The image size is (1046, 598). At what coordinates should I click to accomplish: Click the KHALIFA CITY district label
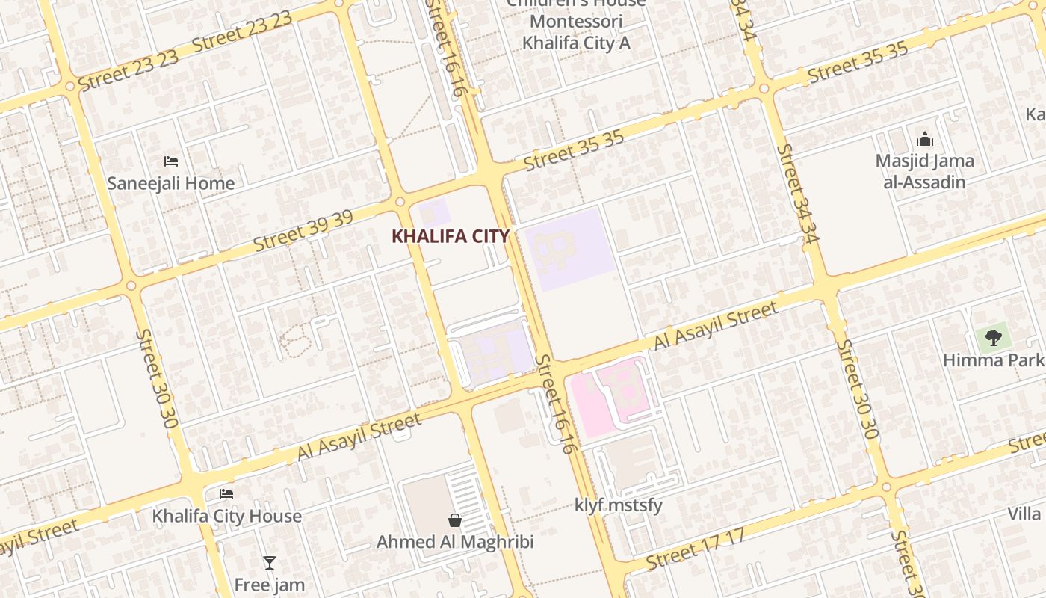click(x=451, y=236)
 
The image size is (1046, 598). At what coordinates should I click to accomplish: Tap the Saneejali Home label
click(x=171, y=183)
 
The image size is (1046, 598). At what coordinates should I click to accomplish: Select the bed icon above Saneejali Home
click(x=171, y=161)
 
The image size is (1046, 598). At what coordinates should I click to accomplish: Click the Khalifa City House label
click(x=227, y=516)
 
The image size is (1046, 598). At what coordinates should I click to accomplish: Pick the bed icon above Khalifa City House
click(x=226, y=494)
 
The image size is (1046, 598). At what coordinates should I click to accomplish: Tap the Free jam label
click(x=270, y=585)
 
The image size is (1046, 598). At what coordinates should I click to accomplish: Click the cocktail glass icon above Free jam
click(x=270, y=563)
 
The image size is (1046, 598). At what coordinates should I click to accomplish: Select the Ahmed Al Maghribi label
click(x=455, y=542)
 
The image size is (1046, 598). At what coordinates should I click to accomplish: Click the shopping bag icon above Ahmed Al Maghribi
click(x=454, y=520)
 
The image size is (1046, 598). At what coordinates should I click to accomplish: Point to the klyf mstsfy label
click(x=619, y=505)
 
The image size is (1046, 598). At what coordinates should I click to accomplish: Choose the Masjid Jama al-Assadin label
click(x=925, y=171)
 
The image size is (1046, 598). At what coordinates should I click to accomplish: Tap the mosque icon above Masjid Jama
click(x=925, y=139)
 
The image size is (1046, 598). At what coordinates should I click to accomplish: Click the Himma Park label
click(x=994, y=360)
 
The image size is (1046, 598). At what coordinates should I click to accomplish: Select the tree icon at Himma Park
click(x=993, y=338)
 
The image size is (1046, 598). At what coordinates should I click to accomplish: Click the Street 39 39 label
click(x=303, y=231)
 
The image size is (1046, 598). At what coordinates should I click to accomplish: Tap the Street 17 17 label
click(x=696, y=549)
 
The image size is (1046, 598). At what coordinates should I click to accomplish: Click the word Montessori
click(x=576, y=22)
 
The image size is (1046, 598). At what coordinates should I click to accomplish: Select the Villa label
click(x=1024, y=514)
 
